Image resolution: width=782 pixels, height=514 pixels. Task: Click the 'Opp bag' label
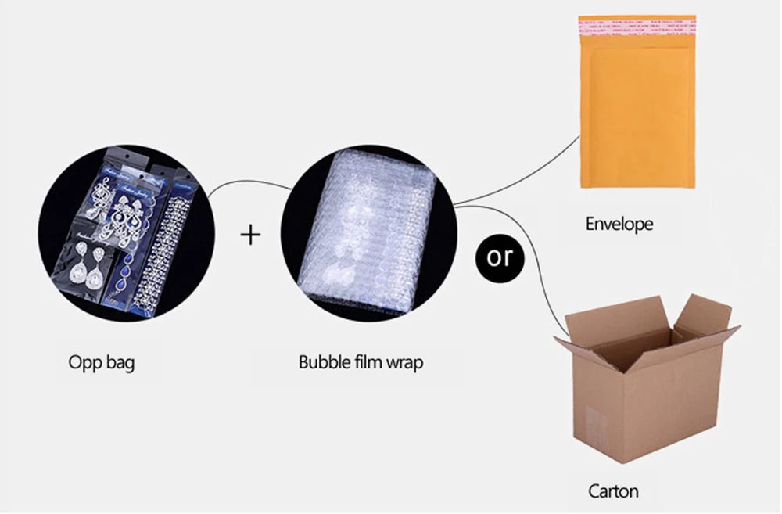point(101,363)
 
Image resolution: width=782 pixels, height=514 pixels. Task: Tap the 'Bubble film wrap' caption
point(361,363)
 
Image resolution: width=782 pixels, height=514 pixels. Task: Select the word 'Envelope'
point(619,225)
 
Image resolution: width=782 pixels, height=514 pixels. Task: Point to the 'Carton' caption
point(613,491)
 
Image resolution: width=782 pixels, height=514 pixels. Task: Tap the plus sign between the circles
point(249,234)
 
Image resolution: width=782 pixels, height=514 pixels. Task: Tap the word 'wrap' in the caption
point(404,365)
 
